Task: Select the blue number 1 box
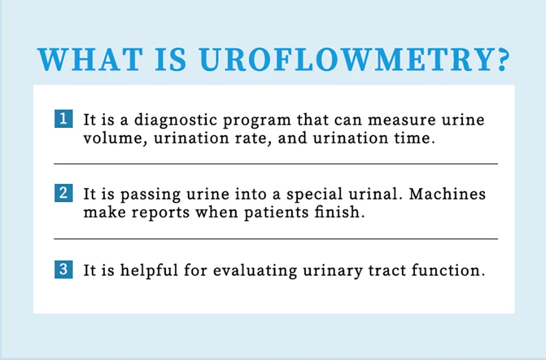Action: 64,119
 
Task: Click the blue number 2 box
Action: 64,194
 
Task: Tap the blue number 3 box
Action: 64,269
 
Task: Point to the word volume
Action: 114,138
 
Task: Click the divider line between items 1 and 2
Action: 276,163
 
